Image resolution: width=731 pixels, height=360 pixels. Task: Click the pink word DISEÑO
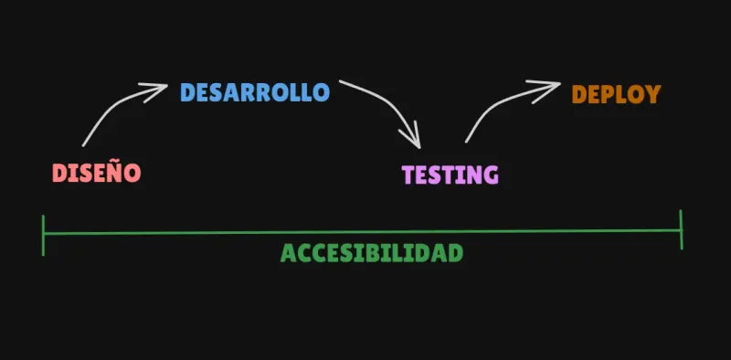click(x=96, y=172)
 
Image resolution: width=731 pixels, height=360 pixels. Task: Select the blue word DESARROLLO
click(x=254, y=92)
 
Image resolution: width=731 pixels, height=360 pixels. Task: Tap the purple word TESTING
click(x=450, y=175)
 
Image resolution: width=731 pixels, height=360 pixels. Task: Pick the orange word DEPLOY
click(x=615, y=94)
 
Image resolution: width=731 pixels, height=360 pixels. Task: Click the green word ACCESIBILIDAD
click(x=371, y=253)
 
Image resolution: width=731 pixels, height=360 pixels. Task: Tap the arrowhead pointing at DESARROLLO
click(x=155, y=90)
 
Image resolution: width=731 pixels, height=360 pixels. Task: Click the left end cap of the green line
click(x=43, y=234)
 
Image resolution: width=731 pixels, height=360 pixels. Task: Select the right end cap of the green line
click(x=681, y=229)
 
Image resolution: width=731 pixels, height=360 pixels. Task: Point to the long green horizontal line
click(x=365, y=232)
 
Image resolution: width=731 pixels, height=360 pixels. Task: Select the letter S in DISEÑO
click(x=82, y=172)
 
